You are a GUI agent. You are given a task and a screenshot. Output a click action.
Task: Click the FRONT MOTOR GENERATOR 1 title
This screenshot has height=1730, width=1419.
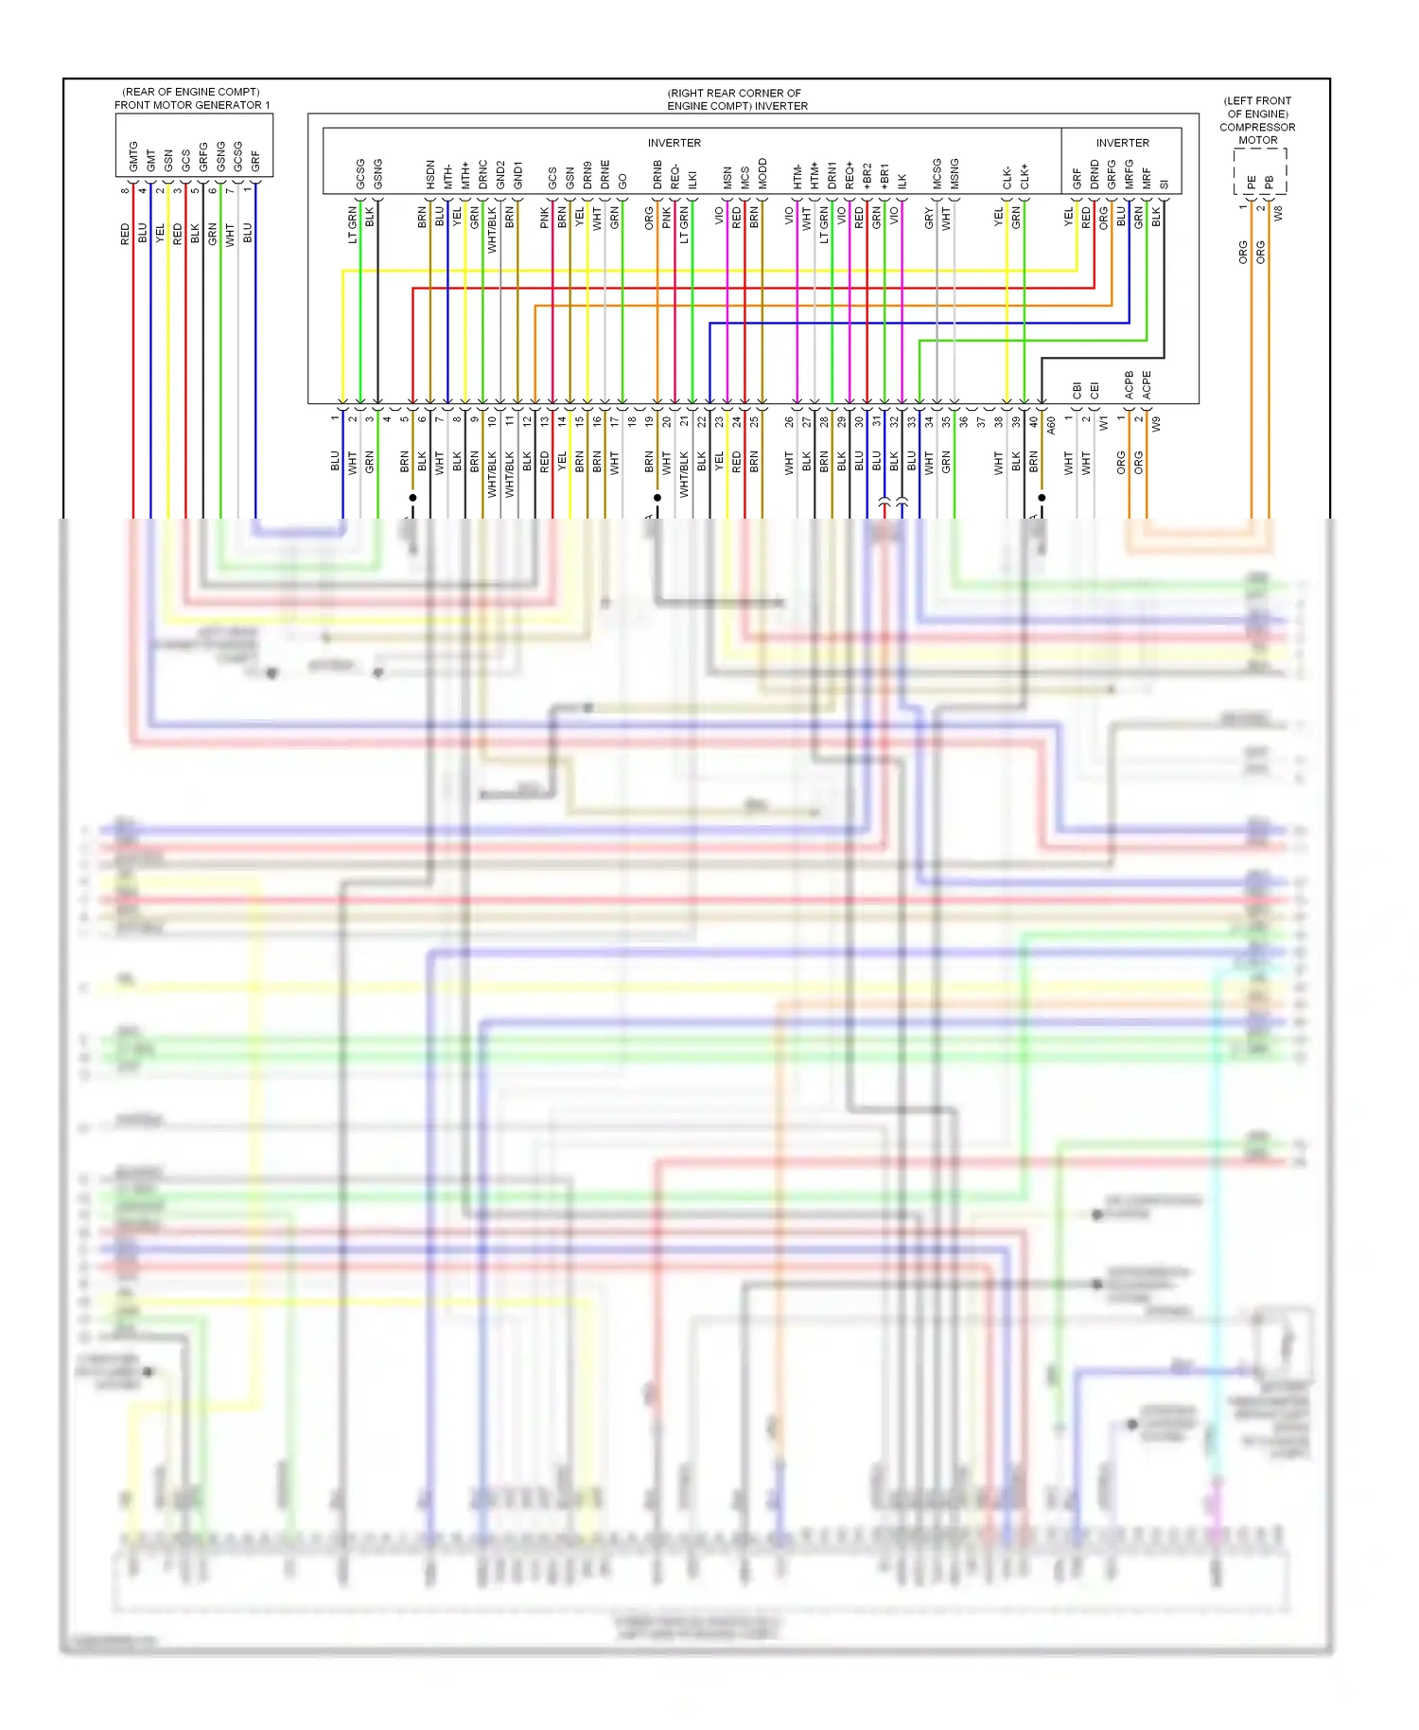pos(192,105)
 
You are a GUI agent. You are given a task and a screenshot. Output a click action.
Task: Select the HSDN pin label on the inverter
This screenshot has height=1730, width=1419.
pos(430,174)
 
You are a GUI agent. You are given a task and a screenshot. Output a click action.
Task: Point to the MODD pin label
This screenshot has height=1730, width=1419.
pos(762,174)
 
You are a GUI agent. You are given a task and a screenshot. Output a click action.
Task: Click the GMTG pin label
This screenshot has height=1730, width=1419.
pos(133,156)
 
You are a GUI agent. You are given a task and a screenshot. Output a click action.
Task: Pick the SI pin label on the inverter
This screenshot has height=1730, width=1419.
pos(1165,184)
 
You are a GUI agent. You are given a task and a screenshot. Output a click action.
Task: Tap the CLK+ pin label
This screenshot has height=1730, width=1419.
pos(1025,177)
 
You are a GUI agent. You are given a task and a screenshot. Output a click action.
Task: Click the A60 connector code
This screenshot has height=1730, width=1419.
pos(1051,426)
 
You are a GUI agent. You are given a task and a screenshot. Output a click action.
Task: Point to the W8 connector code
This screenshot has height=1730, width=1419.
pos(1278,213)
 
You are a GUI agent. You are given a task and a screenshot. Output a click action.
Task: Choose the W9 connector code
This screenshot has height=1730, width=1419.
pos(1156,424)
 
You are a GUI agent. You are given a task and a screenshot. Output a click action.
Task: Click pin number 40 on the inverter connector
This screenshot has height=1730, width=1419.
pos(1034,422)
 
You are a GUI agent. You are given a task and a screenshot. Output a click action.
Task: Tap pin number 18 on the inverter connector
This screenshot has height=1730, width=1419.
pos(632,422)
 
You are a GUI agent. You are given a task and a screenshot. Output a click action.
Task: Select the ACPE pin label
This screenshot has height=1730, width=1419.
pos(1147,384)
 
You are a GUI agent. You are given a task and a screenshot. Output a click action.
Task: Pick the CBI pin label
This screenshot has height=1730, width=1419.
pos(1077,389)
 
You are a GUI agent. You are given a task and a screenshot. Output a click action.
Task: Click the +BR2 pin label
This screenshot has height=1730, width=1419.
pos(867,176)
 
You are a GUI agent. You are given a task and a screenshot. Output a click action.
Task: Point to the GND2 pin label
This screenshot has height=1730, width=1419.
pos(500,175)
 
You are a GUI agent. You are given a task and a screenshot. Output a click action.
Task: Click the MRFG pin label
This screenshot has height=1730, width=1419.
pos(1130,174)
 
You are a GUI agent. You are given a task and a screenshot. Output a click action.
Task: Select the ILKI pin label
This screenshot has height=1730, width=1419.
pos(692,180)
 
